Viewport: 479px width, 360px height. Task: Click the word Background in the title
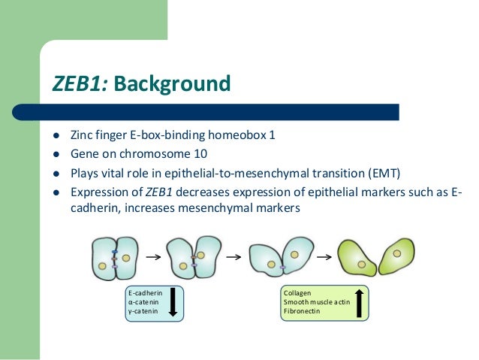pyautogui.click(x=173, y=83)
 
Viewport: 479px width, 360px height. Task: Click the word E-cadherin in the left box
pyautogui.click(x=145, y=293)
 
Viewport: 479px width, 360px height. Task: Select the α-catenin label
pyautogui.click(x=143, y=302)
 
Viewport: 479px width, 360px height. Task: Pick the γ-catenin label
pyautogui.click(x=143, y=311)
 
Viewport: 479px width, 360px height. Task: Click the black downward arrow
pyautogui.click(x=173, y=303)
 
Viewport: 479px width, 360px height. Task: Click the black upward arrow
pyautogui.click(x=360, y=303)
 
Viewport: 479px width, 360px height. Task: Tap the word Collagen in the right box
pyautogui.click(x=297, y=293)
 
